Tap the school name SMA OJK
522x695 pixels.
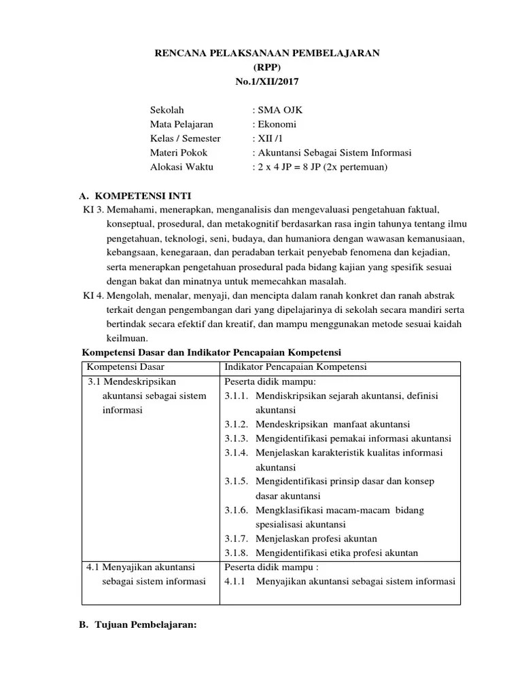(274, 109)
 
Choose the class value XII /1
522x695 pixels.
(269, 138)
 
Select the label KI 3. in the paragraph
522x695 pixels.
(94, 210)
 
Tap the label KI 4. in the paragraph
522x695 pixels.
(94, 296)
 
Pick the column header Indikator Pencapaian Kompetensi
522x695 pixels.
(295, 367)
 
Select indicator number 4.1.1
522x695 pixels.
(236, 581)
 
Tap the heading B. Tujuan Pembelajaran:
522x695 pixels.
(139, 625)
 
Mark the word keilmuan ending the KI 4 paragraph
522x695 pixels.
(127, 339)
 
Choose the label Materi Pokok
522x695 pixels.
(179, 153)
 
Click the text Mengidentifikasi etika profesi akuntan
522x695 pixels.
(337, 552)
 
